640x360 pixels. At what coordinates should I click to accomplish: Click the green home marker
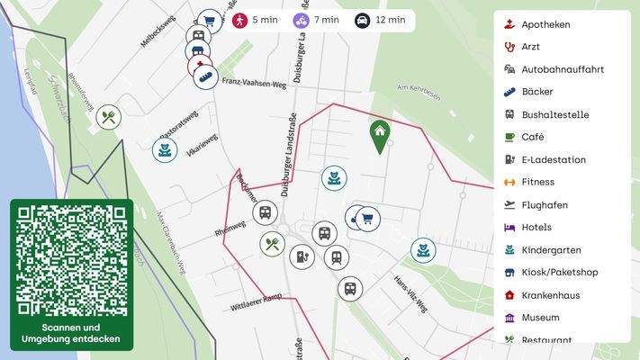click(x=380, y=135)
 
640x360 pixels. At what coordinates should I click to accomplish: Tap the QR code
click(x=72, y=259)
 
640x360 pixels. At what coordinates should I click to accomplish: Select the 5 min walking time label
click(x=256, y=20)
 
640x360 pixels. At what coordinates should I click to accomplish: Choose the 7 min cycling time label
click(x=317, y=20)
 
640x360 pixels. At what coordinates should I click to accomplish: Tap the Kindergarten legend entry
click(x=551, y=250)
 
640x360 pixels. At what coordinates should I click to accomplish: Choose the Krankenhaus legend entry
click(x=550, y=295)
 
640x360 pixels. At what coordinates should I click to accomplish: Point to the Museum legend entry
click(x=540, y=318)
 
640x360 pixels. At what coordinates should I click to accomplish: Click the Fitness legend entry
click(x=537, y=182)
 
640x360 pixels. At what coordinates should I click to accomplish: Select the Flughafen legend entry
click(x=544, y=205)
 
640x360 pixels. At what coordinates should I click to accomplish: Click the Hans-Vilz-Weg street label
click(x=410, y=292)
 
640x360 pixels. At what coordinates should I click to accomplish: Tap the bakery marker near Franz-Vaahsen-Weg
click(x=205, y=76)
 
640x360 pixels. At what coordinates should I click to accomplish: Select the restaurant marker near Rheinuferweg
click(x=109, y=117)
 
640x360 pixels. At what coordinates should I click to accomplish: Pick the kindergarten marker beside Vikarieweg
click(x=165, y=149)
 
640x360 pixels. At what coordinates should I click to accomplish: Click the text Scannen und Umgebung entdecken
click(x=72, y=333)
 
